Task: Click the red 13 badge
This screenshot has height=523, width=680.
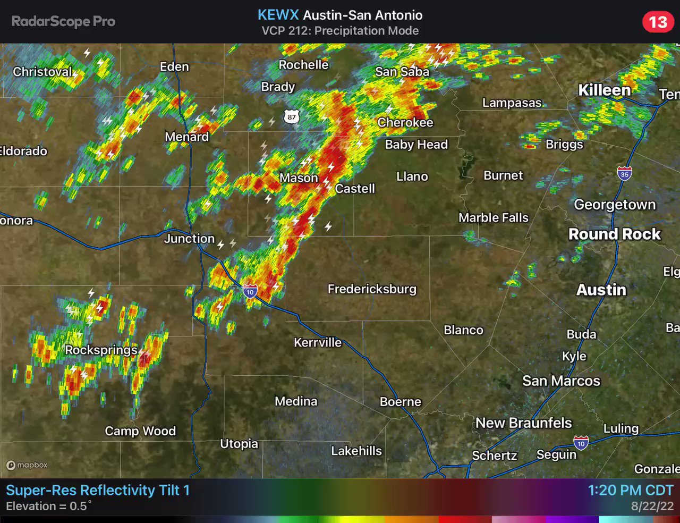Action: (x=658, y=22)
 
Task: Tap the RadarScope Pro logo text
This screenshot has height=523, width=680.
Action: (x=63, y=21)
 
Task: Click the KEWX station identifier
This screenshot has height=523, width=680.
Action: (x=278, y=15)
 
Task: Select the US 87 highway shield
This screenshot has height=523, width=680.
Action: (x=291, y=117)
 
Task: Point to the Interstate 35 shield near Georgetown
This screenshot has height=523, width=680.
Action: (x=624, y=174)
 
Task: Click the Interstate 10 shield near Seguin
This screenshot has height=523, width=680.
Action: (x=581, y=443)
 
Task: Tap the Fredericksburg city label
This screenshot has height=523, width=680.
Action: (x=372, y=289)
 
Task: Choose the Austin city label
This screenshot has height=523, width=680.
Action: (x=601, y=290)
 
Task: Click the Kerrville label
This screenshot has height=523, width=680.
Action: (x=318, y=342)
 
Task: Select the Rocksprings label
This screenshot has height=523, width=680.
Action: (x=101, y=350)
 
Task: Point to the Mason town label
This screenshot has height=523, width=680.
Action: (x=299, y=178)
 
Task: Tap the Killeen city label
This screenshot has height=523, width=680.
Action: (x=604, y=90)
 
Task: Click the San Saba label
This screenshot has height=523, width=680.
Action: (x=402, y=71)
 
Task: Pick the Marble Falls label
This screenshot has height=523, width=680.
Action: (x=493, y=217)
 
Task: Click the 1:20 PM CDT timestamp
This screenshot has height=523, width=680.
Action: (x=630, y=490)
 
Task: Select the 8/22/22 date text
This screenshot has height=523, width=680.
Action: (x=652, y=507)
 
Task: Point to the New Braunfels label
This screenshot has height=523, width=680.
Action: (x=523, y=423)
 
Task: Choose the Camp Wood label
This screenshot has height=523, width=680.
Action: (x=140, y=431)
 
